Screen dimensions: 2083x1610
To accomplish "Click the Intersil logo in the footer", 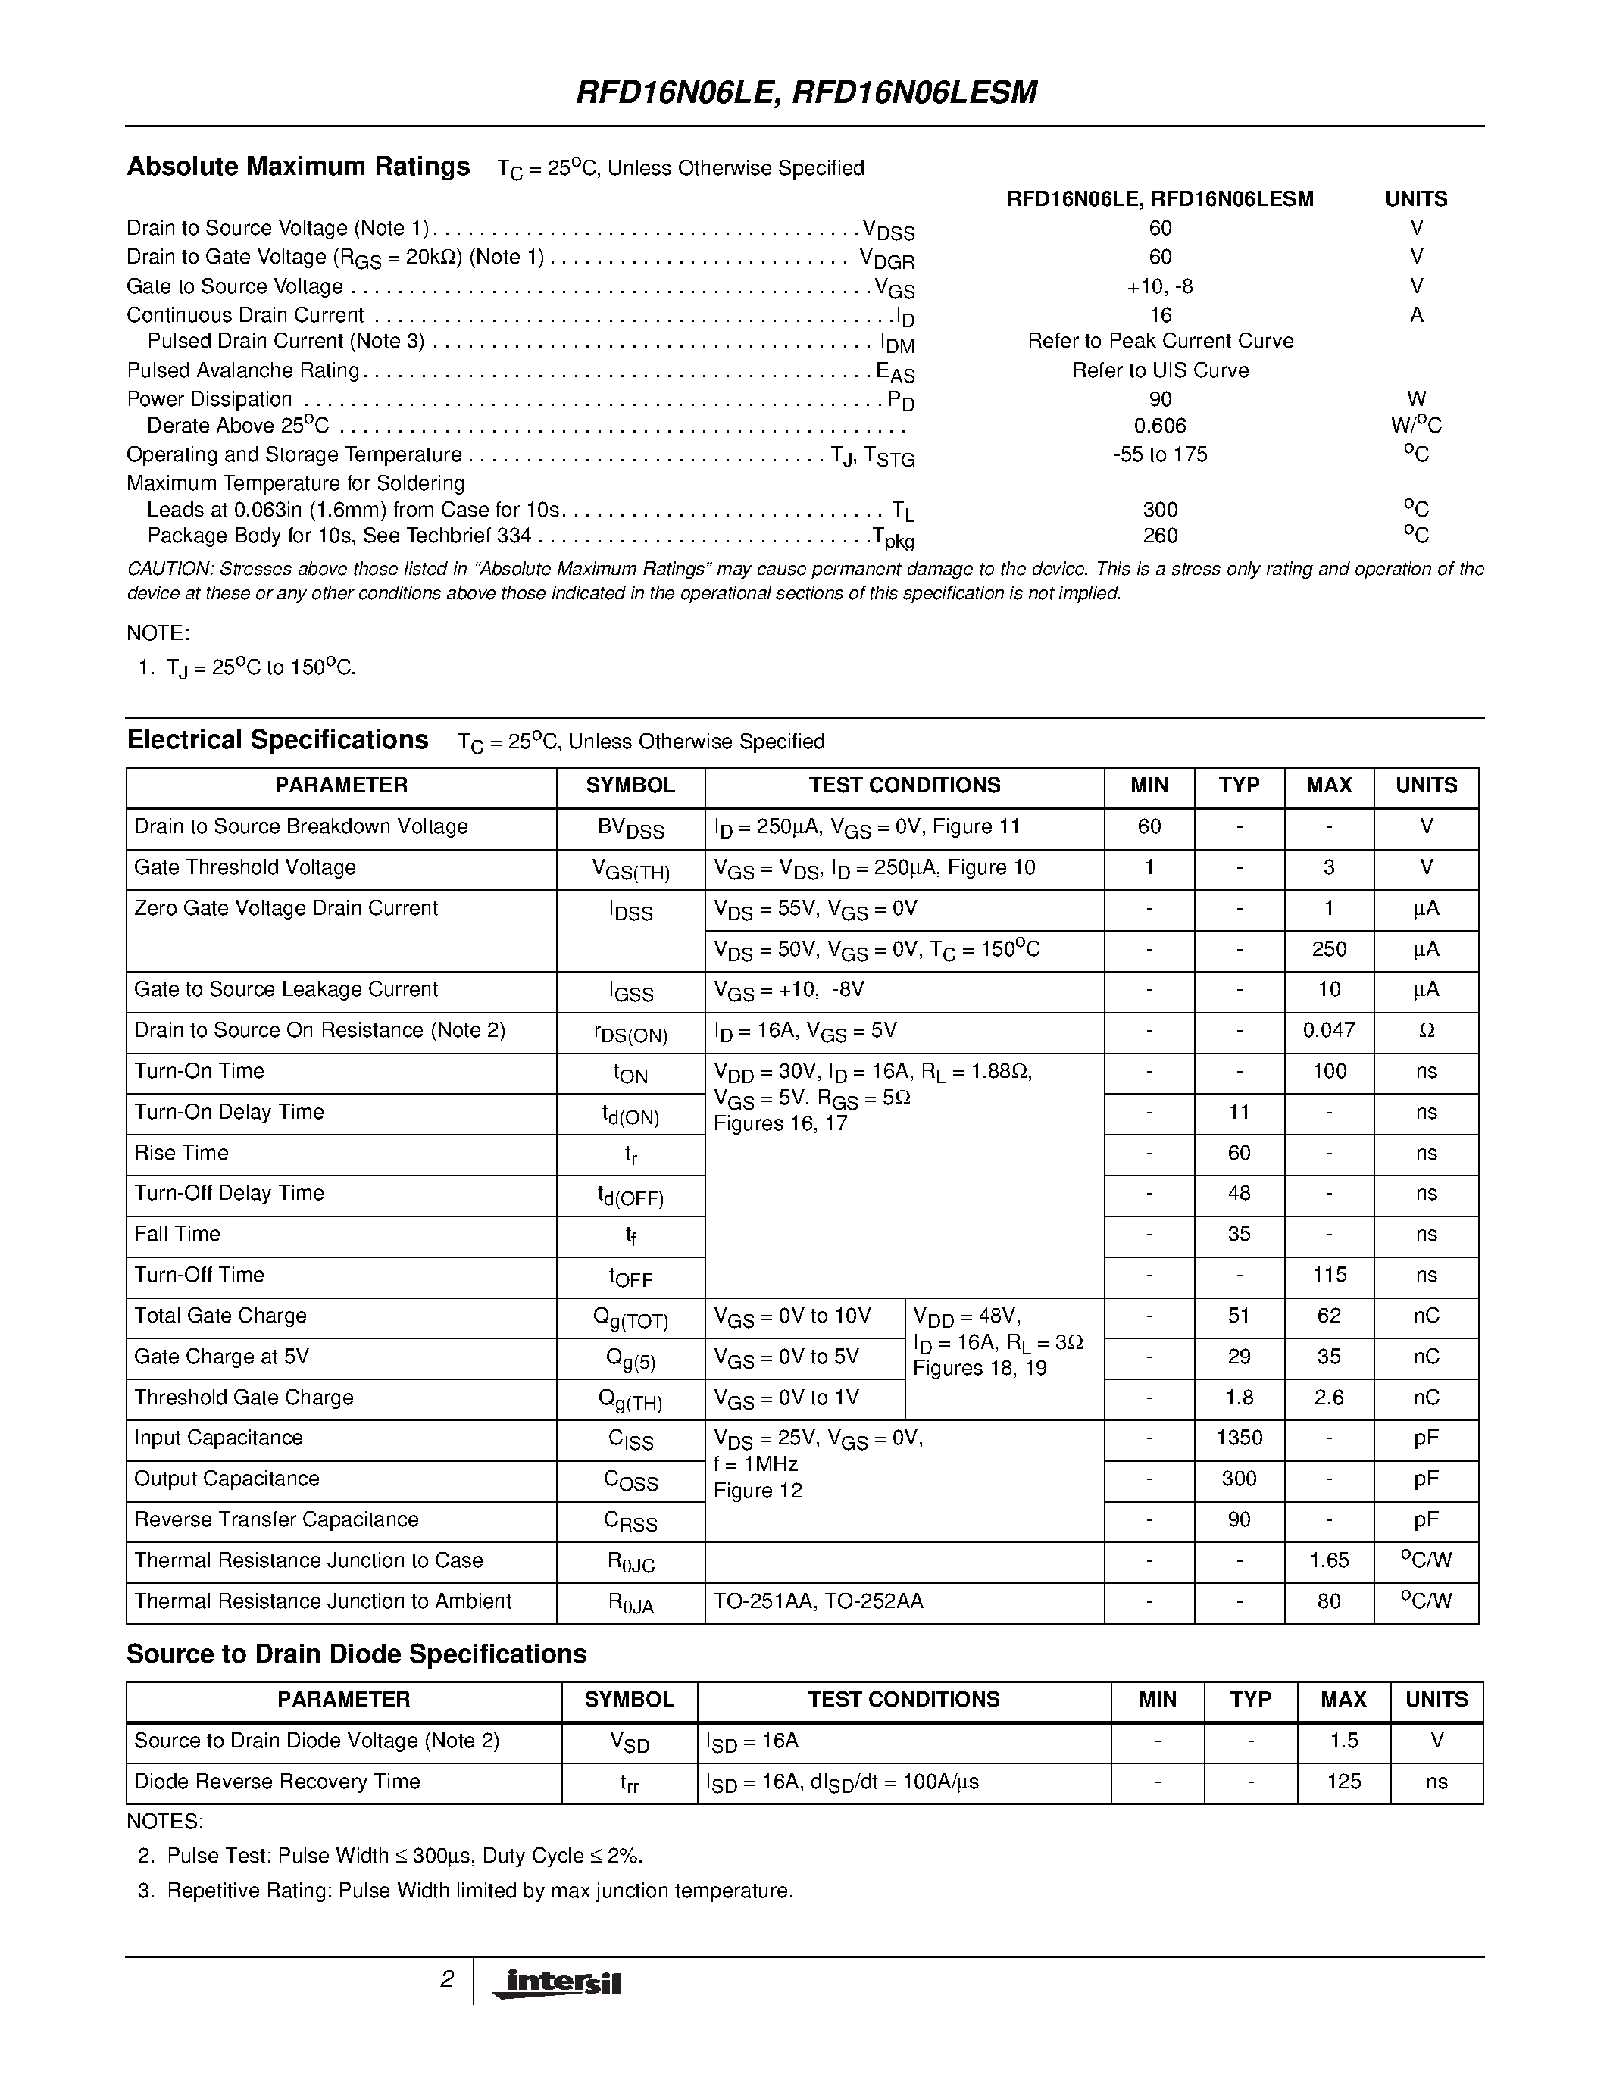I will coord(556,1983).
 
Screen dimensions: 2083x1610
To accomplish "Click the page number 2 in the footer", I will coord(446,1979).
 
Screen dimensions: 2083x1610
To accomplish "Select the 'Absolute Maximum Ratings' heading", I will coord(299,167).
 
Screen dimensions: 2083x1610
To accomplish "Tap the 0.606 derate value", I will coord(1160,426).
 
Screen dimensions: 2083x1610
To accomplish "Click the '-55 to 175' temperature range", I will coord(1160,454).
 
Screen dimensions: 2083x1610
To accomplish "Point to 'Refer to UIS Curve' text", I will coord(1160,370).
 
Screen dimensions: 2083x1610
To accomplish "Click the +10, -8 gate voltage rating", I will coord(1160,286).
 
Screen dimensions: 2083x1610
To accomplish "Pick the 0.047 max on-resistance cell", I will coord(1329,1030).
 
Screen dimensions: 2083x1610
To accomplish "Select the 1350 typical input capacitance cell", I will coord(1239,1438).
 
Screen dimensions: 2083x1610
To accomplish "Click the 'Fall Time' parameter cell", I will coord(177,1234).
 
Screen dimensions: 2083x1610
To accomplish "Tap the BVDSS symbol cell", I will coord(630,828).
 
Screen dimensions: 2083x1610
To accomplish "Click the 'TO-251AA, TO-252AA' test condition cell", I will coord(818,1601).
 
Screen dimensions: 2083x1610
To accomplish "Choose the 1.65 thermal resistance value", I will coord(1329,1560).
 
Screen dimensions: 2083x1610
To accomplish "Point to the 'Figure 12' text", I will coord(758,1491).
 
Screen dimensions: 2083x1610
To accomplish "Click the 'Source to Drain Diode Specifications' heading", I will coord(357,1654).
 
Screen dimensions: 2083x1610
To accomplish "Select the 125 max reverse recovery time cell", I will coord(1344,1782).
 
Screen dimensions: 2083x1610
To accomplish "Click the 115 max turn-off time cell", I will coord(1329,1275).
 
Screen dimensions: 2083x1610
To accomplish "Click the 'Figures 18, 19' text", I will coord(980,1369).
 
